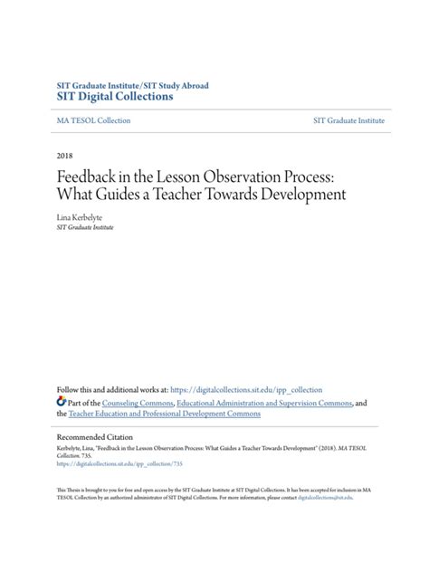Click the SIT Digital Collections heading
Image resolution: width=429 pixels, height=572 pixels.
coord(115,97)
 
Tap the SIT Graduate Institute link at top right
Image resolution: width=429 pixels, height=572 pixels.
coord(348,120)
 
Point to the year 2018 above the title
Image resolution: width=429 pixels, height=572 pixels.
coord(64,156)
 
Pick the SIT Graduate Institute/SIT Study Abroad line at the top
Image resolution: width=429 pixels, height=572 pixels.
coord(132,85)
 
